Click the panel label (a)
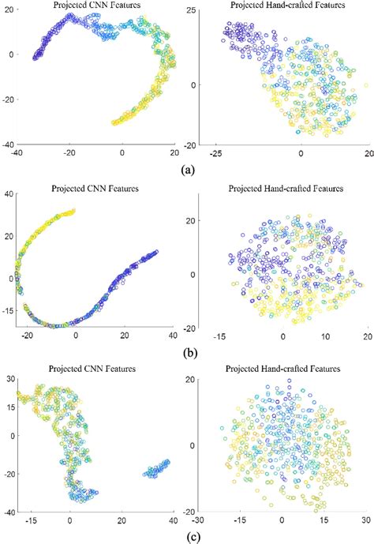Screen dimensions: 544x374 pos(186,169)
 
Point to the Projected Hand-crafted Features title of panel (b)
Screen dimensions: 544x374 pos(280,189)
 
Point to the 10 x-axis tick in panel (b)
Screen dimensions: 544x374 pos(323,334)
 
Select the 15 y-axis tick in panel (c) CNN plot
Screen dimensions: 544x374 pos(11,408)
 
